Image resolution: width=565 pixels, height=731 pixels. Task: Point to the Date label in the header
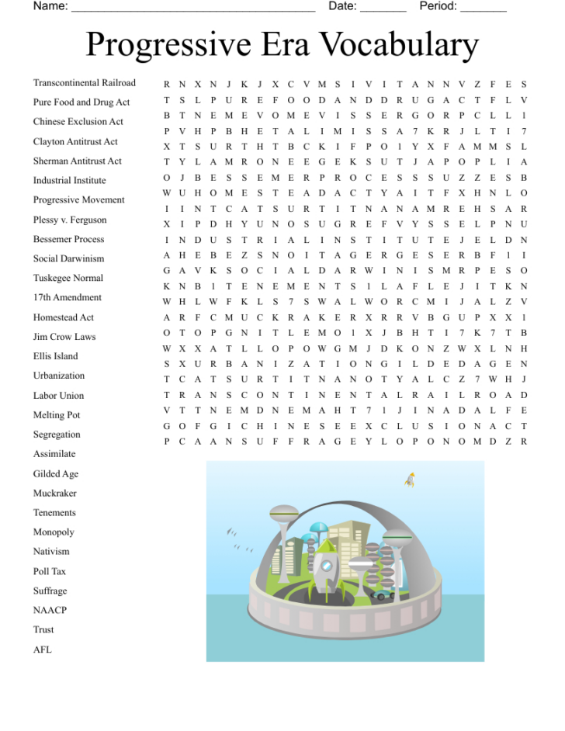tap(342, 6)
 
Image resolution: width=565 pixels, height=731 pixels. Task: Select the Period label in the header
tap(438, 6)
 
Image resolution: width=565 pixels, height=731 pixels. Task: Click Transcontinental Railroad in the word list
tap(84, 83)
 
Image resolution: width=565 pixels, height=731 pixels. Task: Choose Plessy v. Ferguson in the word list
tap(70, 220)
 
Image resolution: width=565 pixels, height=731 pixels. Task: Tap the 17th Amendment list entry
tap(68, 298)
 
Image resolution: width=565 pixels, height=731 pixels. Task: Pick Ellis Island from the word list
tap(55, 356)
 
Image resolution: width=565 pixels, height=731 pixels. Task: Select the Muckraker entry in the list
tap(54, 494)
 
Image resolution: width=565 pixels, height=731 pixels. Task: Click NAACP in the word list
tap(50, 611)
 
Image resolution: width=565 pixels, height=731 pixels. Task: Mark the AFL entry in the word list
tap(42, 650)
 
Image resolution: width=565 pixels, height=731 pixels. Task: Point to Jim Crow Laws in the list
tap(64, 337)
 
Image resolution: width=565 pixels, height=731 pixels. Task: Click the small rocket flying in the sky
tap(410, 480)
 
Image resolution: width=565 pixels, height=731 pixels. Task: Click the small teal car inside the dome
tap(382, 595)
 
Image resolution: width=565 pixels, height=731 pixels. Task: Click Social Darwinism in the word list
tap(68, 258)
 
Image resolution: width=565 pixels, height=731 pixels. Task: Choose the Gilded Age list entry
tap(55, 474)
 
